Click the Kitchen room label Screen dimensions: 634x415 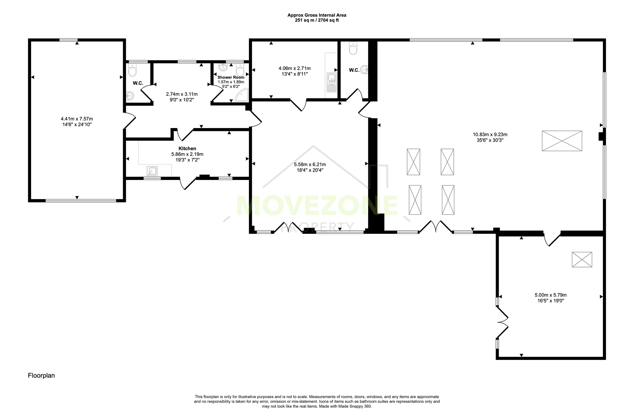[x=187, y=149]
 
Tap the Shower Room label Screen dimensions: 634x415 [x=231, y=77]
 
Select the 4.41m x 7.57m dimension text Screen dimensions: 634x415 [x=77, y=119]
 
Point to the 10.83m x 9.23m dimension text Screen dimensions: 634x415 [x=490, y=134]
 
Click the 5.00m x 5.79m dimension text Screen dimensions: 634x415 [x=550, y=295]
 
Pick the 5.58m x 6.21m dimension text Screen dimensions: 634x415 [x=310, y=164]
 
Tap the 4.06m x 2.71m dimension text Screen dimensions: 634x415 [x=295, y=68]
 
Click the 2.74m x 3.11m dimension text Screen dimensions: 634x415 [x=182, y=94]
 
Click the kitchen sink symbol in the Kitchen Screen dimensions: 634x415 [x=152, y=171]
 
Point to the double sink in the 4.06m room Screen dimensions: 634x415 [x=331, y=83]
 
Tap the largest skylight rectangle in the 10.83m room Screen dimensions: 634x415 [x=562, y=141]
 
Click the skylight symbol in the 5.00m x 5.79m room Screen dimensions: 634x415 [x=582, y=259]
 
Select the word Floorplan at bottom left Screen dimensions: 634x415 [x=41, y=375]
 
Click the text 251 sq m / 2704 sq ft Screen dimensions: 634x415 [x=317, y=20]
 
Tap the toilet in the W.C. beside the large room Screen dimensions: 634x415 [x=353, y=48]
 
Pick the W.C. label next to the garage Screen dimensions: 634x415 [x=138, y=83]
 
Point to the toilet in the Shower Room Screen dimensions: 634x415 [x=240, y=69]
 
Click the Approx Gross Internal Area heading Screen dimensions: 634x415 [x=317, y=15]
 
